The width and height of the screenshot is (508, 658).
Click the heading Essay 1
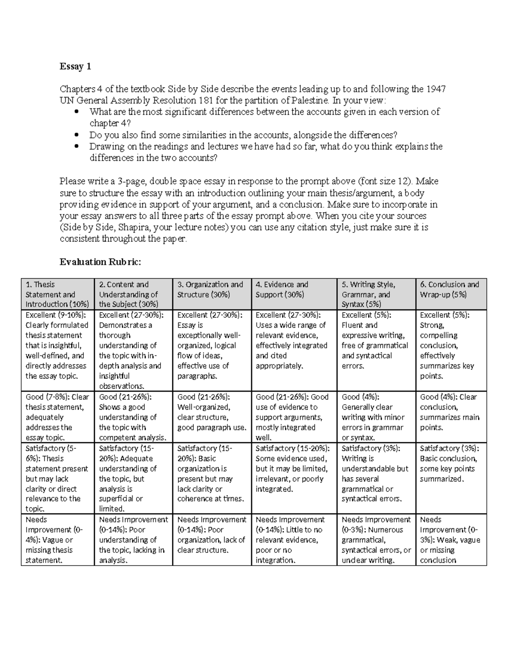[x=75, y=67]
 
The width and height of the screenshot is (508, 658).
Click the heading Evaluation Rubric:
[x=100, y=262]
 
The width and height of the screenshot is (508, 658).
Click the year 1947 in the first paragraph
[x=436, y=89]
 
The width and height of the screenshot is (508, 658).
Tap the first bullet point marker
[x=77, y=112]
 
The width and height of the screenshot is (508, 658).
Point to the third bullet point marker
[x=77, y=147]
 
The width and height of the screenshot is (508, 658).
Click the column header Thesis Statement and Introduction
[x=57, y=294]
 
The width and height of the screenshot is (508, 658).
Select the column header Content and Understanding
[x=133, y=294]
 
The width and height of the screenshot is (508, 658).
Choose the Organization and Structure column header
[x=212, y=290]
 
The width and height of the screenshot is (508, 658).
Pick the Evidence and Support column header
[x=294, y=290]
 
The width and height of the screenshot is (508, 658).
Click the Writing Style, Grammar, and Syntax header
[x=376, y=294]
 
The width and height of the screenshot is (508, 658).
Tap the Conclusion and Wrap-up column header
[x=451, y=290]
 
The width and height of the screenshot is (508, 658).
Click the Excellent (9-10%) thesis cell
[x=57, y=345]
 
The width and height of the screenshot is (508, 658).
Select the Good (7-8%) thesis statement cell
[x=57, y=417]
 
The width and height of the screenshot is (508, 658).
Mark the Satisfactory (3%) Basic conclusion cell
[x=451, y=464]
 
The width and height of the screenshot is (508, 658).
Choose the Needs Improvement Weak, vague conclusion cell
[x=451, y=540]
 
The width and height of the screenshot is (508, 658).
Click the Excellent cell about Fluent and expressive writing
[x=376, y=340]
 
